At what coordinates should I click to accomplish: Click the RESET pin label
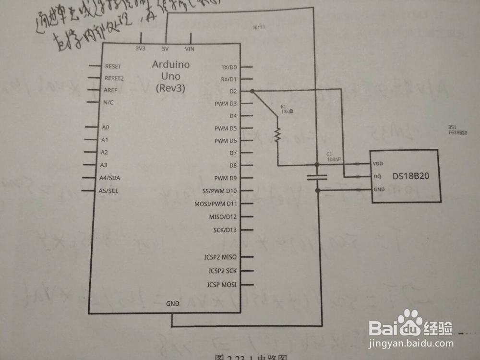113,66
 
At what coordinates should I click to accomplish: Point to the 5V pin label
165,48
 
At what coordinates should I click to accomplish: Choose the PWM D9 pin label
226,178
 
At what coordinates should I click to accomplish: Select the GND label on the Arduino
172,304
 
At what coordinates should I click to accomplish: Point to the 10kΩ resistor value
288,111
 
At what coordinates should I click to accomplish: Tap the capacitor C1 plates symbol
317,177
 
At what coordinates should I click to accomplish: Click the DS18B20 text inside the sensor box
410,176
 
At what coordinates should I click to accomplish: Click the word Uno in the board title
171,76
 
